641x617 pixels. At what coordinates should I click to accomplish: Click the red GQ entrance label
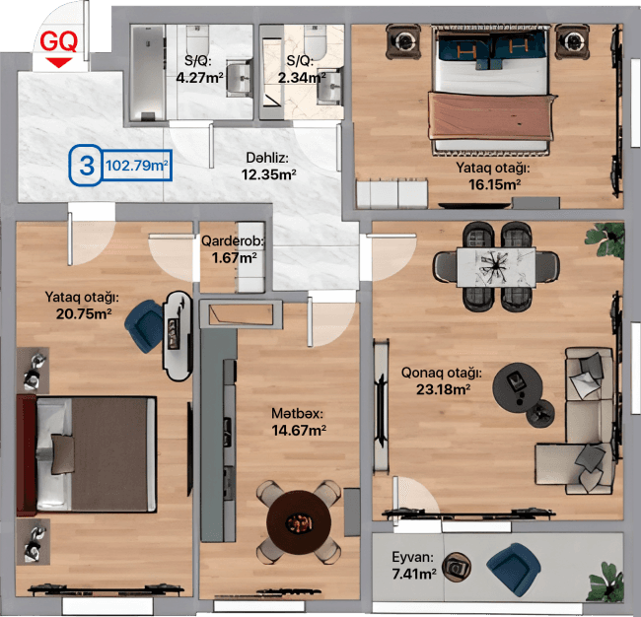click(x=59, y=41)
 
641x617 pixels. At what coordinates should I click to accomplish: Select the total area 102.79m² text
click(x=137, y=166)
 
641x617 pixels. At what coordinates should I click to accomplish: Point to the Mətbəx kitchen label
click(x=298, y=413)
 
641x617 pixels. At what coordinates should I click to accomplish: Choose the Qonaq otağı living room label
click(x=441, y=374)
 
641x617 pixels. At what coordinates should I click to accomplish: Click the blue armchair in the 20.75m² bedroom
click(x=149, y=324)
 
